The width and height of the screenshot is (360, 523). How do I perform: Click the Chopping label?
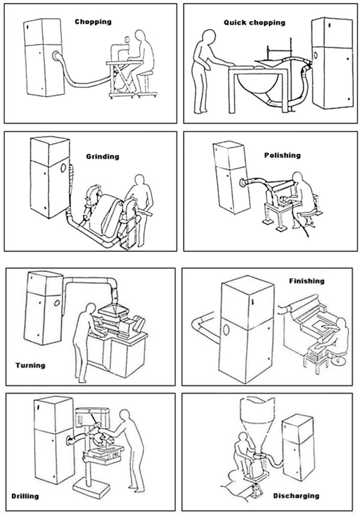click(93, 22)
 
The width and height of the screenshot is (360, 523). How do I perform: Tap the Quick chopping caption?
click(254, 22)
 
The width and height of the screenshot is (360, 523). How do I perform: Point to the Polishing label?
click(282, 155)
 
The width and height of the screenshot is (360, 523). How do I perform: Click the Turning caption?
click(30, 364)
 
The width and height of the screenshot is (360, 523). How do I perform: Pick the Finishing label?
click(306, 280)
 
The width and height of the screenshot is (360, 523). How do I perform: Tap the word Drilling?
click(25, 496)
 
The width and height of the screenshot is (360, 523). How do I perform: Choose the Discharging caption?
click(296, 496)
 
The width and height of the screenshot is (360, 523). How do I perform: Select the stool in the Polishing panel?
click(310, 214)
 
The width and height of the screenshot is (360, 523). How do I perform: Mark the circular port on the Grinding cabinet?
click(66, 166)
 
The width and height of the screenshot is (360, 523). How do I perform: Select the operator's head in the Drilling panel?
click(126, 415)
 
